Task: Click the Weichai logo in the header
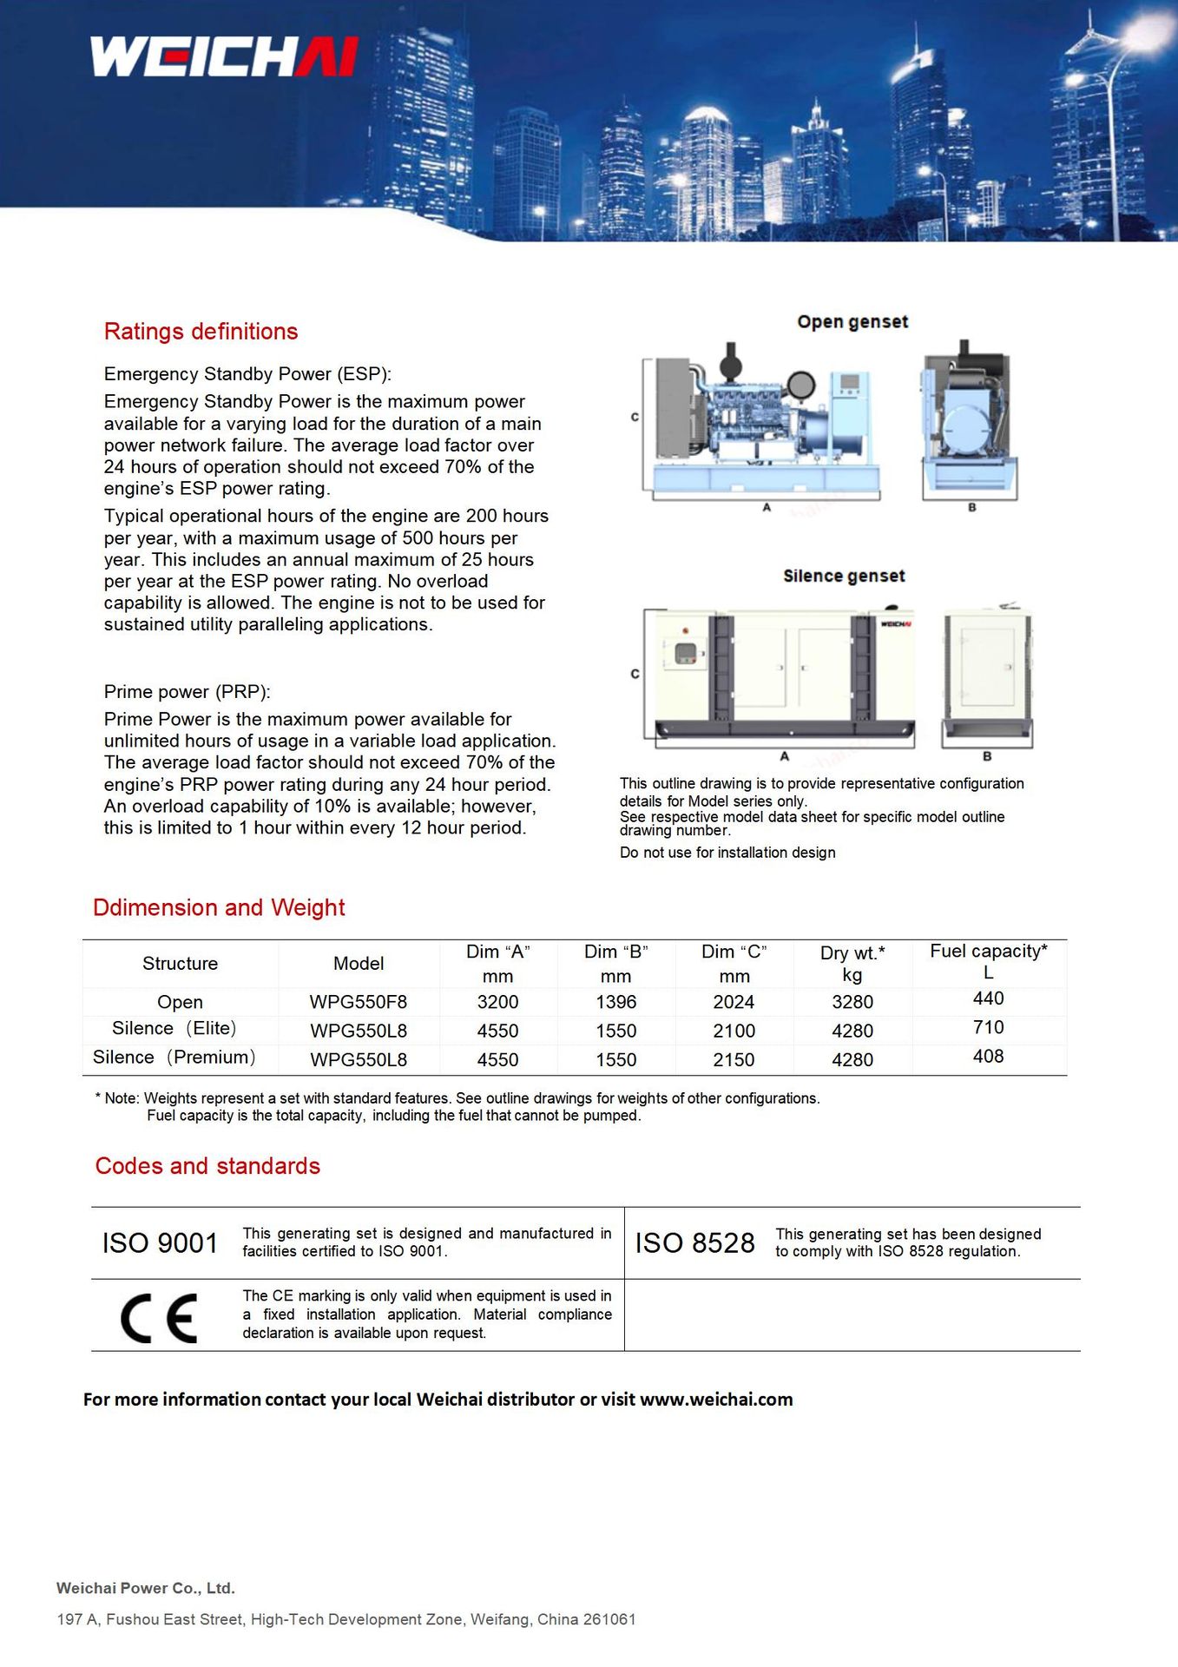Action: [224, 56]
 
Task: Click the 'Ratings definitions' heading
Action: [201, 332]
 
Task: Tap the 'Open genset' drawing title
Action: [852, 322]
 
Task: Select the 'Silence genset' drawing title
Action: [844, 577]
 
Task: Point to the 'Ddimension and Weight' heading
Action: [219, 907]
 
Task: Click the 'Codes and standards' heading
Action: [207, 1166]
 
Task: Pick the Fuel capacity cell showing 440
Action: [988, 998]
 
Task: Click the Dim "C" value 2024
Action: [734, 1002]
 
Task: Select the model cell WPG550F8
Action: [359, 1002]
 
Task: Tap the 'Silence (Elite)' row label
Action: [174, 1029]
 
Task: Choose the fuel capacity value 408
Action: [988, 1057]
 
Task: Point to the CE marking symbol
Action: [159, 1318]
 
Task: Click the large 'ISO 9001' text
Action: [160, 1243]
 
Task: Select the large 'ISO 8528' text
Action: [694, 1243]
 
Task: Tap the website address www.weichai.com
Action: [716, 1400]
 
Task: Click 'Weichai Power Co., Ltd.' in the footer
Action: [146, 1588]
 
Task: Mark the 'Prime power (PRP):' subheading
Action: [187, 692]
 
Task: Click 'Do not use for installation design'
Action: [727, 853]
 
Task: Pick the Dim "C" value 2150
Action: [734, 1060]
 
